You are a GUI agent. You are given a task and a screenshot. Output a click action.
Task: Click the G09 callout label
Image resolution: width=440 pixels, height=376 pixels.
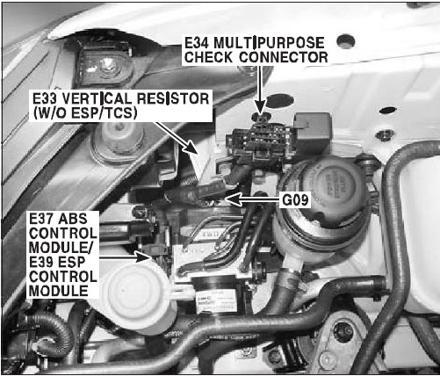point(295,200)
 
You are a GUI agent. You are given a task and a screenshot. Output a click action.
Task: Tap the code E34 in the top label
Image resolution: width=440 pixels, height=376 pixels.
point(196,43)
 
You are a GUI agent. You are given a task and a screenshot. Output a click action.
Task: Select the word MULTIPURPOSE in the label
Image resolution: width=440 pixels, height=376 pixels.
point(269,43)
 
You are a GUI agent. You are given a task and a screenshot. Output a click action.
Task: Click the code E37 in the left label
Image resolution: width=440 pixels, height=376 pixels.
point(41,219)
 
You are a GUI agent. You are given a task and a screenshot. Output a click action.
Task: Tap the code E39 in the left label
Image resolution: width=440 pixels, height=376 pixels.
point(41,262)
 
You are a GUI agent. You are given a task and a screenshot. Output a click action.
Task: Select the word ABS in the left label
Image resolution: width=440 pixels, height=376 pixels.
point(73,219)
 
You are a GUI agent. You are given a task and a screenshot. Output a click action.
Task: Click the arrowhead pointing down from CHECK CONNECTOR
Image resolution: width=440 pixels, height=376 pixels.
point(259,106)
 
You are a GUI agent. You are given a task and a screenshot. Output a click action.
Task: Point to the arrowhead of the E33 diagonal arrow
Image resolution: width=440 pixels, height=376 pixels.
point(191,148)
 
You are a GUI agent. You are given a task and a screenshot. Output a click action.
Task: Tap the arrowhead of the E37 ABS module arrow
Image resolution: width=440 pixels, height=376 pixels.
point(144,257)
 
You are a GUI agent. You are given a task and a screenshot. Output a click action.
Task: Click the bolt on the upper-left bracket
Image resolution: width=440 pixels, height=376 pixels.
point(109,66)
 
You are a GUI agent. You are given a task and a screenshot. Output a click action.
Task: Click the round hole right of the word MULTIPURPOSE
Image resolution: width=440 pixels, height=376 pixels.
point(346,42)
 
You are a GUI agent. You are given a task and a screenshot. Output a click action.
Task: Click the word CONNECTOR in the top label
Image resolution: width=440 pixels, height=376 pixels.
point(283,57)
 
